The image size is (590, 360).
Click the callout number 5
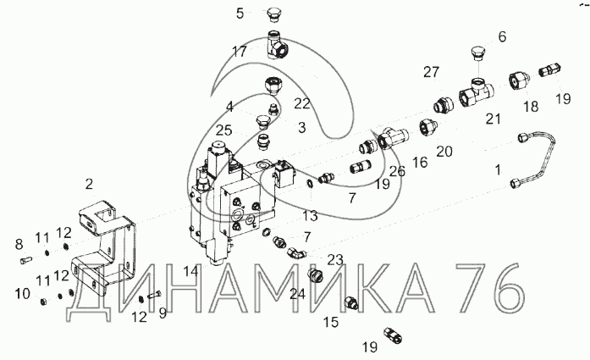pos(240,14)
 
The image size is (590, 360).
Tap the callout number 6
pos(502,37)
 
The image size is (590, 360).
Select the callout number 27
pos(431,71)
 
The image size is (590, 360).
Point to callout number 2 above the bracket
pos(89,184)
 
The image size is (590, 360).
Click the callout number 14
pos(190,271)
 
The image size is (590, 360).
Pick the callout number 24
pos(298,294)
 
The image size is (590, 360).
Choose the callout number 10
pos(22,293)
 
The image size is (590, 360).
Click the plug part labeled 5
pos(273,14)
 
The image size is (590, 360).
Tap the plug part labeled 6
pos(477,53)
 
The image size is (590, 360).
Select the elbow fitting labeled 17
pos(278,46)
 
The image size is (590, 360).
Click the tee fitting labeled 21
pos(477,92)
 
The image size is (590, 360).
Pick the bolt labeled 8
pos(25,260)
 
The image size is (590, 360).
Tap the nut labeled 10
pos(44,302)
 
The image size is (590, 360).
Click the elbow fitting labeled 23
pos(297,253)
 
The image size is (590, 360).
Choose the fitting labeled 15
pos(351,302)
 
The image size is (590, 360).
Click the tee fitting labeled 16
pos(393,138)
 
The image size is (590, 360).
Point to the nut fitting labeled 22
pos(273,85)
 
